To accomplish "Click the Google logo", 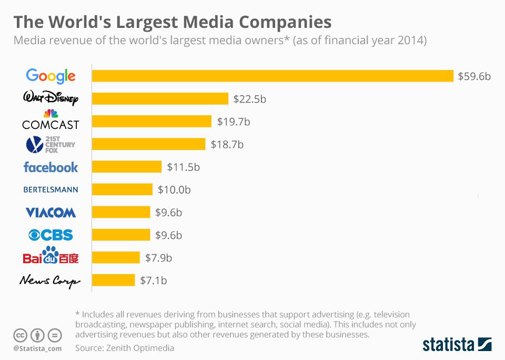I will [x=50, y=76].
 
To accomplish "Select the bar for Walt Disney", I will [x=160, y=98].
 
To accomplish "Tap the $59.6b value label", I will [x=474, y=76].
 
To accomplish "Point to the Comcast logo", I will [x=50, y=121].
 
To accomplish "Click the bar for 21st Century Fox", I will [x=148, y=144].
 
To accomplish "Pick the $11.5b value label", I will [x=184, y=167].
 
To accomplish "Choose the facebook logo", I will [x=50, y=167].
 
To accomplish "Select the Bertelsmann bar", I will [x=122, y=189].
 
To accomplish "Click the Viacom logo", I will [x=50, y=213].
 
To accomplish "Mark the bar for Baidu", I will [x=116, y=257].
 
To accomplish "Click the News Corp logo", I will [x=50, y=281].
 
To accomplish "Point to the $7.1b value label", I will [x=154, y=281].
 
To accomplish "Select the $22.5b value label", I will [x=250, y=99].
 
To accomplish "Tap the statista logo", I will [x=457, y=345].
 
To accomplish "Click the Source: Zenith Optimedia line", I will [x=125, y=348].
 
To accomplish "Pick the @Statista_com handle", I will [x=37, y=348].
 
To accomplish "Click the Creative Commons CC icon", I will [x=21, y=335].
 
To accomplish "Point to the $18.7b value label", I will [x=227, y=144].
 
